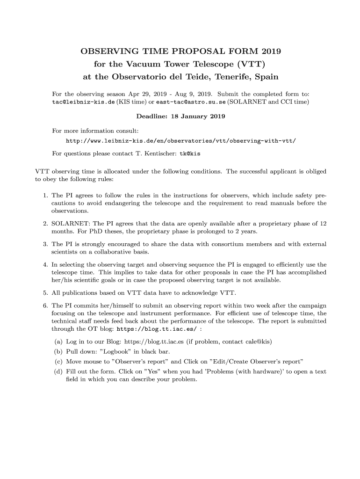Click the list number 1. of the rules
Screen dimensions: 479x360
coord(45,195)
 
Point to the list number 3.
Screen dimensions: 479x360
coord(45,244)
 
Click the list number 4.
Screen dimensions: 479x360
coord(45,265)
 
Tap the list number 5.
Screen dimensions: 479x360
coord(45,293)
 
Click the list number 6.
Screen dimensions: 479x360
coord(45,305)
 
